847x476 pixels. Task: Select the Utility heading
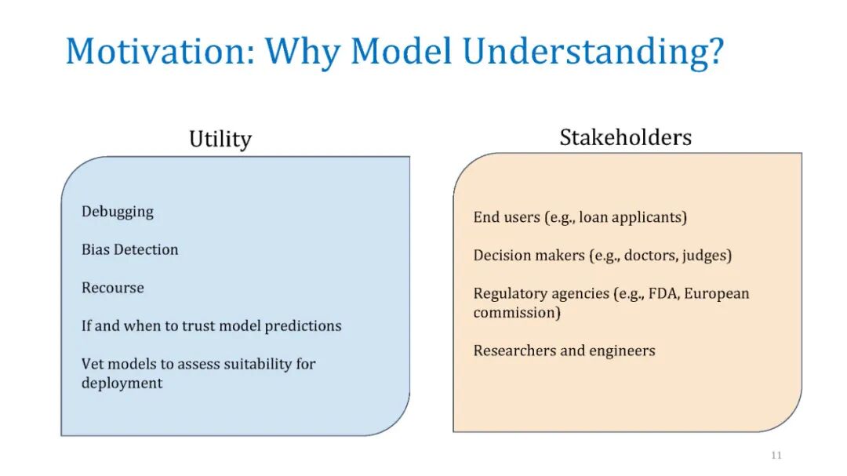click(x=220, y=140)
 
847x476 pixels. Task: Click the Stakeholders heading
click(x=626, y=137)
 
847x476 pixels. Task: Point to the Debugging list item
click(x=118, y=212)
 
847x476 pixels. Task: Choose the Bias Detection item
click(x=129, y=249)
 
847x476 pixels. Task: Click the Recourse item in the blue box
click(x=113, y=288)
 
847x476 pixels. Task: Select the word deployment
click(x=122, y=383)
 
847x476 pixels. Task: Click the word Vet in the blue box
click(x=91, y=364)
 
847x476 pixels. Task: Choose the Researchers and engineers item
click(x=565, y=351)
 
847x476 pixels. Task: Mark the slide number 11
click(x=776, y=455)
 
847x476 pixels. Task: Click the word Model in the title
click(x=401, y=51)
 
